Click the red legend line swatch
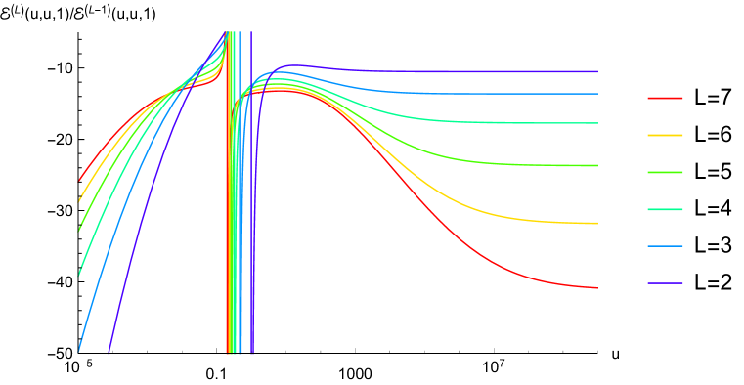click(665, 98)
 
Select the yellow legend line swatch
click(665, 135)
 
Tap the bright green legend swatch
click(665, 172)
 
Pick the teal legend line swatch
click(665, 209)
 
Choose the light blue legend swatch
click(665, 246)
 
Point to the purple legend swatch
click(665, 283)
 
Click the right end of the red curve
click(597, 288)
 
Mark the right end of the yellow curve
click(597, 224)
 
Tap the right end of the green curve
click(597, 166)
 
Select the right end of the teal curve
click(597, 123)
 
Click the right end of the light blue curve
click(597, 94)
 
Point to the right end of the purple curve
click(597, 71)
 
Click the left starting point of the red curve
click(79, 180)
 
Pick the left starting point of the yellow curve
click(79, 201)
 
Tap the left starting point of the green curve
click(79, 230)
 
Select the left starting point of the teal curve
click(79, 275)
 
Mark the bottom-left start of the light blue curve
click(79, 350)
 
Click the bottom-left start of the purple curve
click(108, 354)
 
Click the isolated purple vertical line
click(251, 195)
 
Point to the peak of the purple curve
click(291, 65)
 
